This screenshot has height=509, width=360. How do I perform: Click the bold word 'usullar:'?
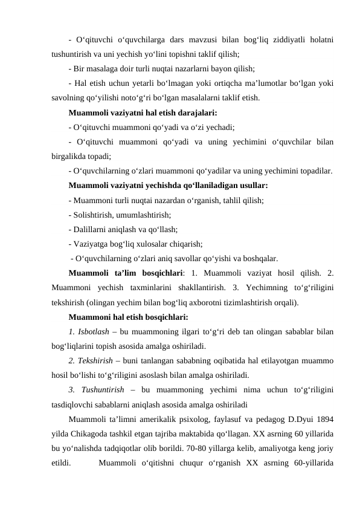click(251, 185)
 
